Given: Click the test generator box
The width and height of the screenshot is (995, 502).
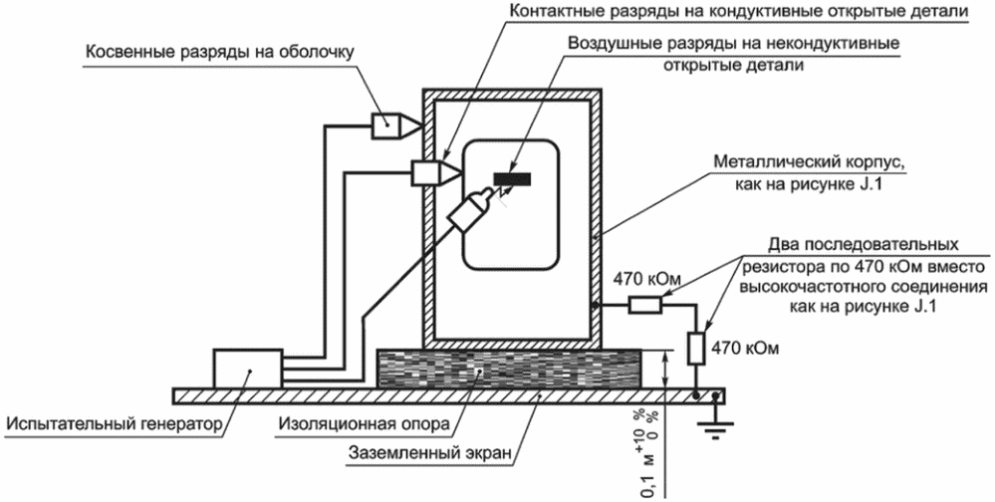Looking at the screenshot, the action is point(248,369).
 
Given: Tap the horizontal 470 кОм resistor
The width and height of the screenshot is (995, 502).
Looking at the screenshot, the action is point(644,305).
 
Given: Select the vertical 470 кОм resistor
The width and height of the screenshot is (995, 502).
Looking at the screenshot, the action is point(697,348).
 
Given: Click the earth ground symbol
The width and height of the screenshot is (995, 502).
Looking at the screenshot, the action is point(716,425).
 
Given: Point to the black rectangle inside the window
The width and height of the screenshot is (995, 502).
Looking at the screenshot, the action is point(513,179).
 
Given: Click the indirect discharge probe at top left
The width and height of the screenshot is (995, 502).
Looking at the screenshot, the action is point(395,126).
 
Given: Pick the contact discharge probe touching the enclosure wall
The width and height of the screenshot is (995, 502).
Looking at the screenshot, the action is point(436,172).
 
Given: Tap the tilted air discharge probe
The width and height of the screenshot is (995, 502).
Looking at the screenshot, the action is point(472,209).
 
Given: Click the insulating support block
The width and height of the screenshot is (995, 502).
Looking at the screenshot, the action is point(509,369).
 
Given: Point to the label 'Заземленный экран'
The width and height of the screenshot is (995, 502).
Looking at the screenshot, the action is point(429,454).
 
